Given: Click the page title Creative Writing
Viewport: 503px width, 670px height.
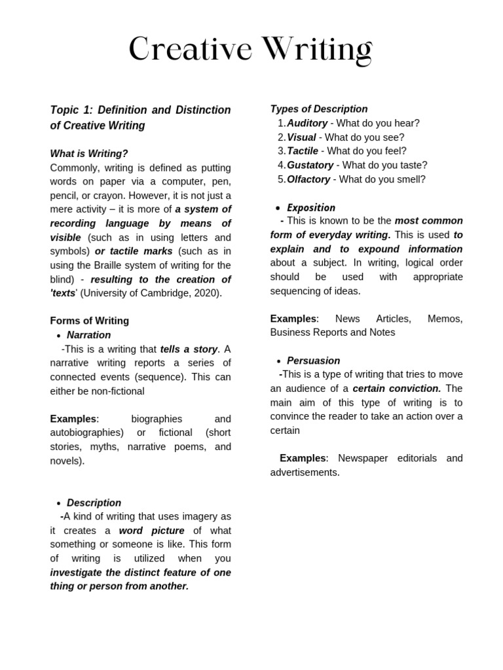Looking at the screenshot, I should point(251,50).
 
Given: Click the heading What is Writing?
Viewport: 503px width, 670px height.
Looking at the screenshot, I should point(89,154).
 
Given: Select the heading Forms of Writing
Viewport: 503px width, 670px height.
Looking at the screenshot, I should point(90,321).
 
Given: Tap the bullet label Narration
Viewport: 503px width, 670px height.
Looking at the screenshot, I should point(88,335).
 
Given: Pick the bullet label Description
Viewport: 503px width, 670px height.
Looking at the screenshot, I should point(94,502).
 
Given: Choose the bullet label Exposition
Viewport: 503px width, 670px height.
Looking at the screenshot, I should point(311,207).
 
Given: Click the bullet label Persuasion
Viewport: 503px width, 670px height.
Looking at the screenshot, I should point(313,361).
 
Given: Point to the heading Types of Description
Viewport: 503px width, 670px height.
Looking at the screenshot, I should point(319,109).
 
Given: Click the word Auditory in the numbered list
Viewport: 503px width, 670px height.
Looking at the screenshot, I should point(307,123).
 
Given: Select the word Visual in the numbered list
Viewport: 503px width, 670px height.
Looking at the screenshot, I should point(301,137).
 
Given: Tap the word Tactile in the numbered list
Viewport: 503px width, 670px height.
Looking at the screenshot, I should point(303,151).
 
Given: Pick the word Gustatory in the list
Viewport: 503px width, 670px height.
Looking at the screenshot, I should point(310,166).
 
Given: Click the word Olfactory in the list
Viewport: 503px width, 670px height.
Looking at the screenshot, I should point(308,179).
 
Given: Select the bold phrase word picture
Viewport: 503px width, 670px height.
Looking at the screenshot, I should point(151,531).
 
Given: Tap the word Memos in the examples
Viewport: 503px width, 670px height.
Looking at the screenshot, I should point(445,319).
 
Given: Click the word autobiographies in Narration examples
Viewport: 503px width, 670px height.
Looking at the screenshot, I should point(86,432).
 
